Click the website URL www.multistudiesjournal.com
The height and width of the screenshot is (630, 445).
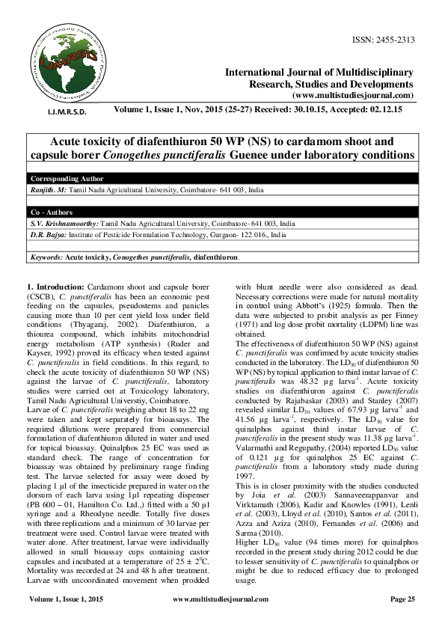point(354,96)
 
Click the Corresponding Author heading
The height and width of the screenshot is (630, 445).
point(61,180)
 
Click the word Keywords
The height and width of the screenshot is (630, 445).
point(44,257)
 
